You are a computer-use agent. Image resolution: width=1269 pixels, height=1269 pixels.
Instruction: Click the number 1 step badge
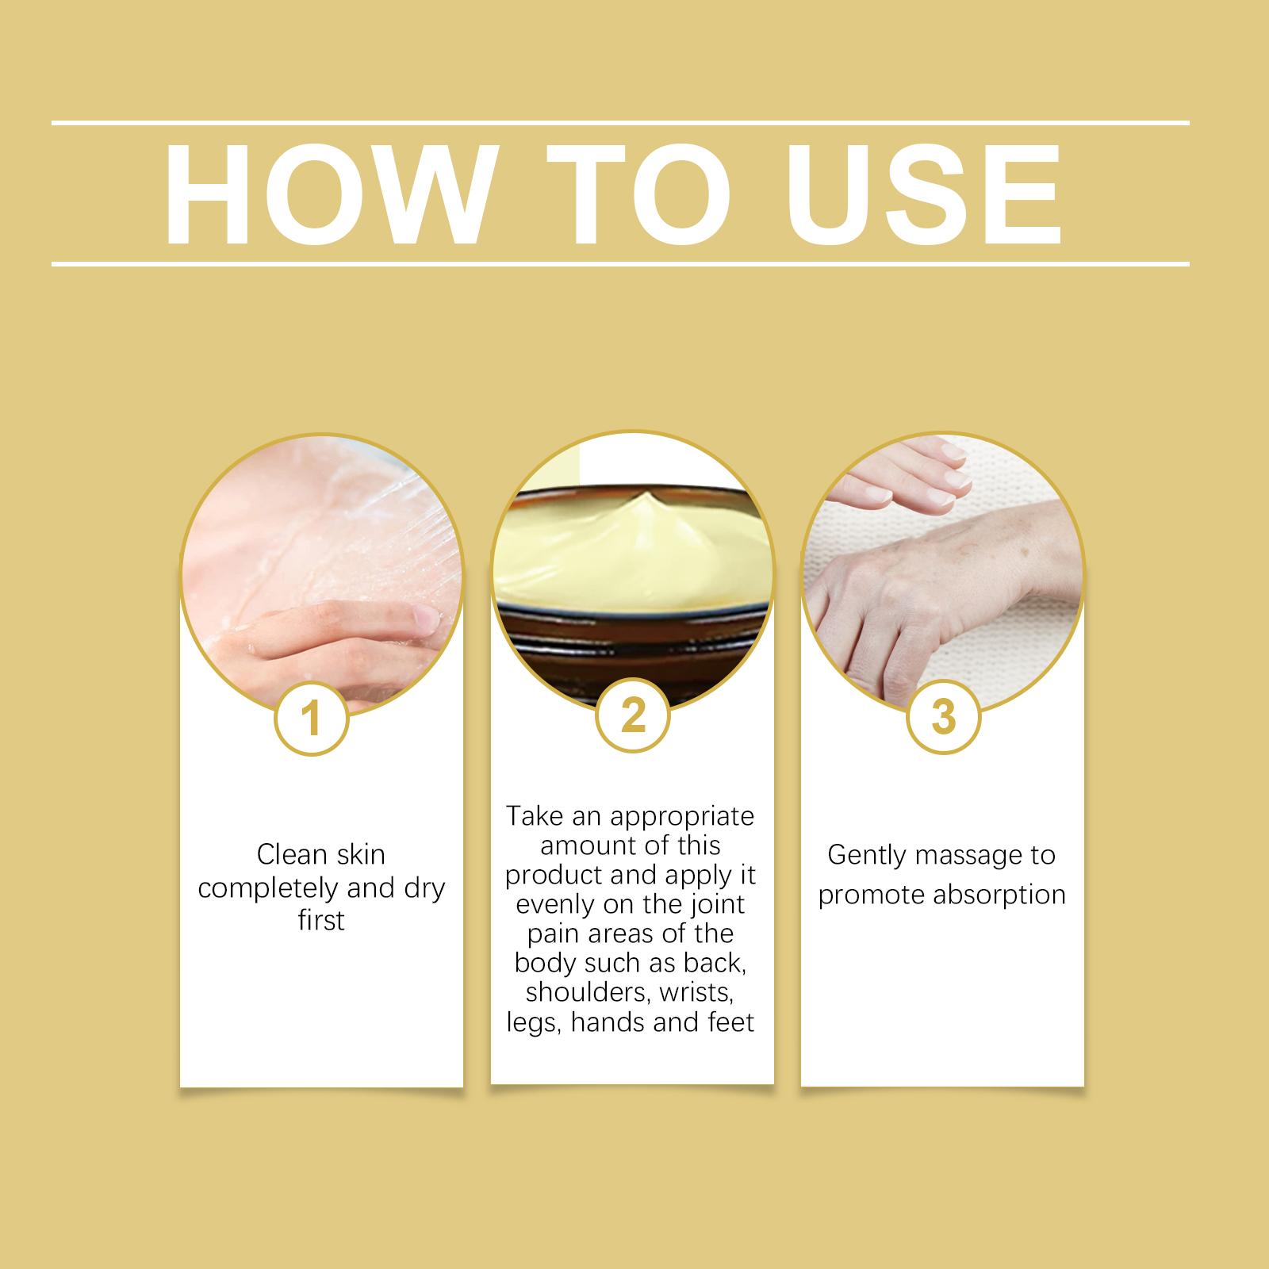(x=312, y=720)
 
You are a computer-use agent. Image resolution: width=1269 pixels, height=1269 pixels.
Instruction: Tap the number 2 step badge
(x=632, y=717)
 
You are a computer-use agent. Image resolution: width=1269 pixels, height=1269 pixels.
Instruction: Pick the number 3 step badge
(x=943, y=717)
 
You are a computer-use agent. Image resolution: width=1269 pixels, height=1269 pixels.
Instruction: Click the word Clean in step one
(x=292, y=854)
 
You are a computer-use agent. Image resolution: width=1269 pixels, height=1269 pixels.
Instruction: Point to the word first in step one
(x=321, y=920)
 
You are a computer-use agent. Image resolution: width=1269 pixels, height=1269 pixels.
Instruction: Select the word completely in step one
(x=269, y=889)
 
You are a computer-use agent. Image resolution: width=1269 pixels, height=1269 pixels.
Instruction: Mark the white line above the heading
(x=621, y=123)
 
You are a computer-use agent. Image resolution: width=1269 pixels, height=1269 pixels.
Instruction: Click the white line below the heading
(x=621, y=263)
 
